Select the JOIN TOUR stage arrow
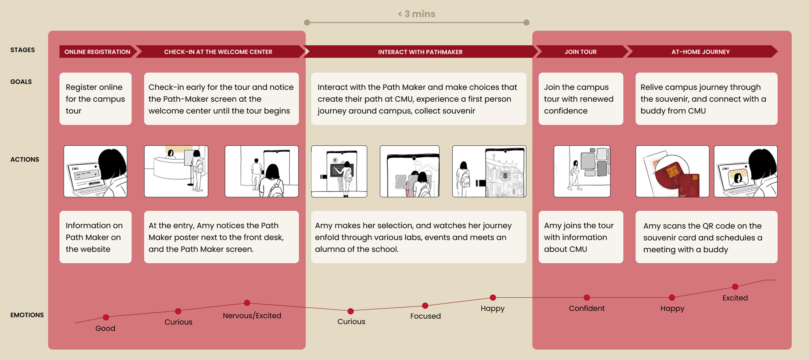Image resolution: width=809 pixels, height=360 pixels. click(580, 52)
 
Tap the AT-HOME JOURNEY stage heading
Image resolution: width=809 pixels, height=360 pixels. click(700, 52)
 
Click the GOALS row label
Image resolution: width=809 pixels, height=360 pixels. click(21, 82)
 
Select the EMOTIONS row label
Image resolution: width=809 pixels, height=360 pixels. click(27, 315)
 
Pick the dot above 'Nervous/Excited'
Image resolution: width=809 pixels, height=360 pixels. click(247, 303)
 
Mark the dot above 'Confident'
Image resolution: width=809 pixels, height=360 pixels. click(587, 298)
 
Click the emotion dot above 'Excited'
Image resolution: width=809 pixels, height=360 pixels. click(735, 287)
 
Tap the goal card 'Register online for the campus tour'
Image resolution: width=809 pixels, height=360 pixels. click(95, 99)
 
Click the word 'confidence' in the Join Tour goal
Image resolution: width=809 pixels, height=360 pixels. click(566, 111)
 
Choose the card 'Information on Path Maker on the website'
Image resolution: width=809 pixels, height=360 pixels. click(95, 237)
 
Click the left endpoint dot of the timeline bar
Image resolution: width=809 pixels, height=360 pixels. click(307, 23)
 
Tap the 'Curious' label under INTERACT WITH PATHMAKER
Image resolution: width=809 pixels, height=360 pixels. click(351, 321)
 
